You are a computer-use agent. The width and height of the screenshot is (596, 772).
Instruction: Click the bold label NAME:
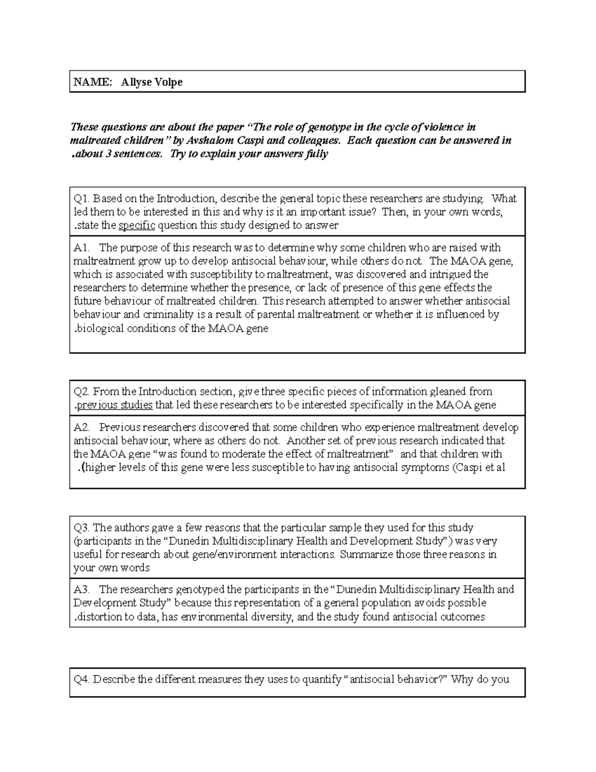[x=93, y=82]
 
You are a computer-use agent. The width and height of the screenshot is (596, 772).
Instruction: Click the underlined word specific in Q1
[x=137, y=225]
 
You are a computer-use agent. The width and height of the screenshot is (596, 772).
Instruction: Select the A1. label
[x=82, y=248]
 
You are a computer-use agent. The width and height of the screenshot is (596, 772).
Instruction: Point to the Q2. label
[x=82, y=391]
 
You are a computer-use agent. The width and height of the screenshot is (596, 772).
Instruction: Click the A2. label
[x=82, y=427]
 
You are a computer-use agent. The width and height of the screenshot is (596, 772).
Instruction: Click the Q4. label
[x=82, y=679]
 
